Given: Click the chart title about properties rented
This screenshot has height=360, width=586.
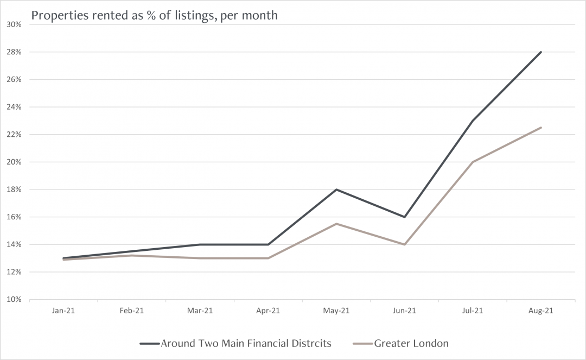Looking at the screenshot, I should [154, 15].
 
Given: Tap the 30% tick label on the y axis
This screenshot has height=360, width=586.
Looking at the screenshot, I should [14, 24].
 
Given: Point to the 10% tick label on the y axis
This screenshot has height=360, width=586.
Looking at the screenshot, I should [14, 299].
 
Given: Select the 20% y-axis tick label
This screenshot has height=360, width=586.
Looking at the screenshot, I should [14, 162].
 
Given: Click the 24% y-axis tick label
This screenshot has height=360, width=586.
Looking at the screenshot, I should [14, 107].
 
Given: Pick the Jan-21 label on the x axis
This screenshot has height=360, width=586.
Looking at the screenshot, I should [63, 311].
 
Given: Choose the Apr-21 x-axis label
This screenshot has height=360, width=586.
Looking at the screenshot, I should [268, 311].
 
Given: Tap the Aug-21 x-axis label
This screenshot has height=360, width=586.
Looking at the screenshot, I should [540, 311].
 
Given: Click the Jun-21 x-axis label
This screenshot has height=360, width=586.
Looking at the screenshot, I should [404, 311].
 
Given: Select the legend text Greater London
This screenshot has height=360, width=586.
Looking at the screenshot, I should [411, 343].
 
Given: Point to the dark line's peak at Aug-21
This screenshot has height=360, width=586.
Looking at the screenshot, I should [540, 52].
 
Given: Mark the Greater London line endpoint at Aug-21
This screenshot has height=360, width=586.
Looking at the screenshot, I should [540, 128].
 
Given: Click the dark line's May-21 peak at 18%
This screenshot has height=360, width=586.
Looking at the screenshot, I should [336, 190].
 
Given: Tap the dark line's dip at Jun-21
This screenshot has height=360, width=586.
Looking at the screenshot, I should [404, 217].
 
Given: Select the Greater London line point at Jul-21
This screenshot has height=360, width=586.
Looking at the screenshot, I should [473, 162].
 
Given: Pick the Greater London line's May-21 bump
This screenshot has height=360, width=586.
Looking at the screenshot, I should [336, 224].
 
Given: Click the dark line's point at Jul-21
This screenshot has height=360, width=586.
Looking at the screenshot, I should [473, 121].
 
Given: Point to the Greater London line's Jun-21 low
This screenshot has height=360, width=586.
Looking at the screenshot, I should [404, 244].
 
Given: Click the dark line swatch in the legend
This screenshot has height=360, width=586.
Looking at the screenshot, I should [149, 343].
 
